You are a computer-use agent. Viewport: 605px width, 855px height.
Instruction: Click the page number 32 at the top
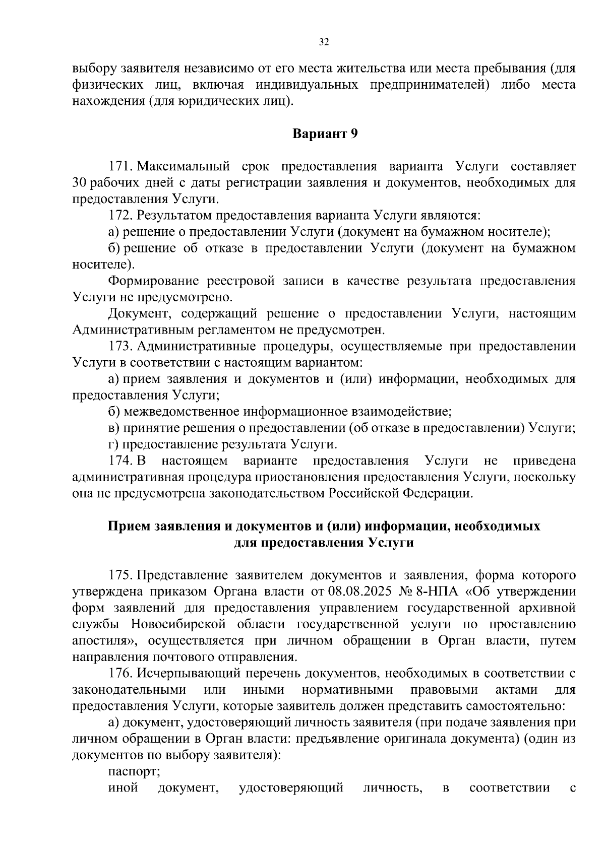tap(324, 42)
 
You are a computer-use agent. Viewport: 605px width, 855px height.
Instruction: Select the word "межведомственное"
tap(181, 412)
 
